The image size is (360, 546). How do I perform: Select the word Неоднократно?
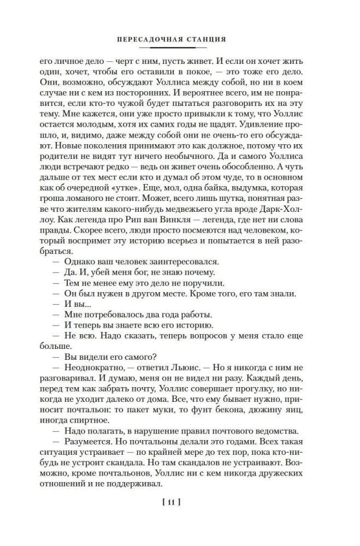tap(86, 369)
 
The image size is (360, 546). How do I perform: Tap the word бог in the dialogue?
tap(135, 272)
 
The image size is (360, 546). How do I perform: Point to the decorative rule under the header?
tap(179, 48)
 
